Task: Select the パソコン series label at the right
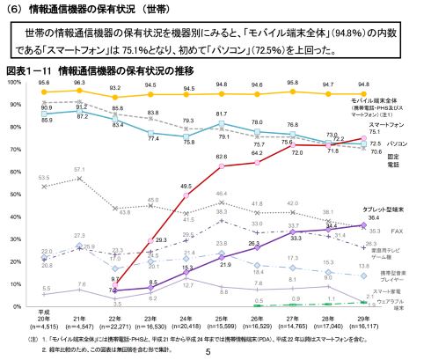397,142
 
